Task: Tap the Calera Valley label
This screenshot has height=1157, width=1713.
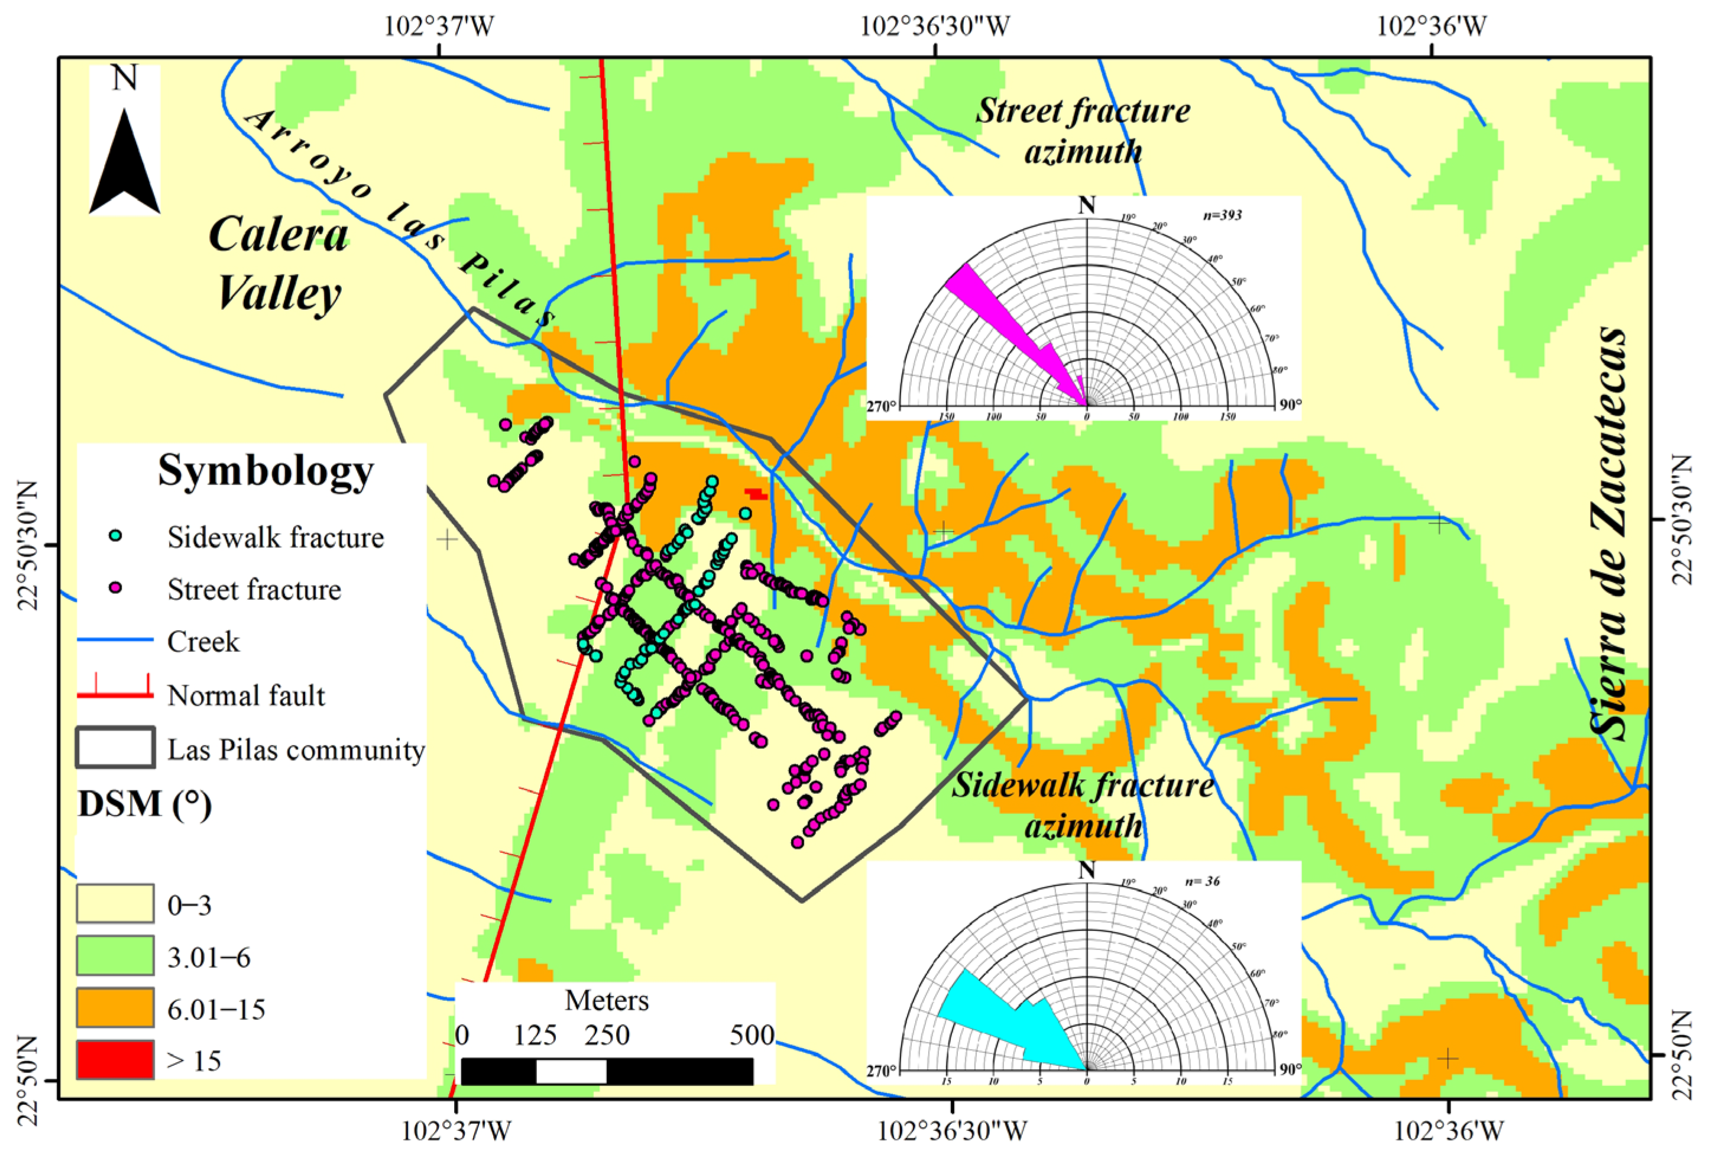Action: coord(279,263)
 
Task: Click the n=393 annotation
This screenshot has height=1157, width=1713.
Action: coord(1222,215)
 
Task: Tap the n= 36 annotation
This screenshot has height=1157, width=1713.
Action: coord(1202,881)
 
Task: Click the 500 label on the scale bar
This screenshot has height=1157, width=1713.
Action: coord(752,1035)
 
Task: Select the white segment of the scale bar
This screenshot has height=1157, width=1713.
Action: coord(571,1071)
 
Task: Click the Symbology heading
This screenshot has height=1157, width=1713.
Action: coord(265,470)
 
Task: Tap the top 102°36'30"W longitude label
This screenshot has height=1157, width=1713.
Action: coord(935,27)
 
